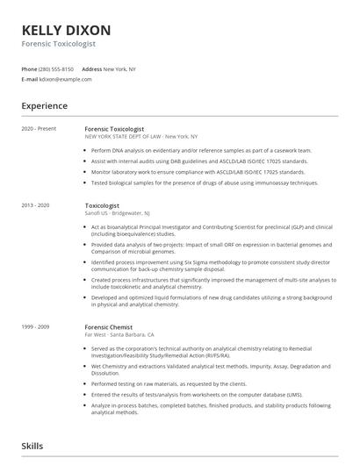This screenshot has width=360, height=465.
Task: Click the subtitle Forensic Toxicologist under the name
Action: (59, 43)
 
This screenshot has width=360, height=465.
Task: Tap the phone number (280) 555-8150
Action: (56, 68)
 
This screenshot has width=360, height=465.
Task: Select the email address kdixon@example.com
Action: (66, 79)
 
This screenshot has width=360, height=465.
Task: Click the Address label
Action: (91, 68)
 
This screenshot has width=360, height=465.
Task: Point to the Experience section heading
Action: (45, 106)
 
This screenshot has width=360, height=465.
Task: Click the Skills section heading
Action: (32, 447)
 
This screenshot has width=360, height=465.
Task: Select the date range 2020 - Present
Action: (39, 129)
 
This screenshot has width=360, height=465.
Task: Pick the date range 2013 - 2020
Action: (37, 204)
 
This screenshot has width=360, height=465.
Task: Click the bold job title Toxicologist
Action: (102, 204)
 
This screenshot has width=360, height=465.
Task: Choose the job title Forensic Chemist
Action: (108, 326)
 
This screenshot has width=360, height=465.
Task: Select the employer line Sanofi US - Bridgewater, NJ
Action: (117, 212)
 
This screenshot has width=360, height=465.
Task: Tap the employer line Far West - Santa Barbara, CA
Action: (119, 334)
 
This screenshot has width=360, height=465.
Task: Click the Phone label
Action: (29, 68)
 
